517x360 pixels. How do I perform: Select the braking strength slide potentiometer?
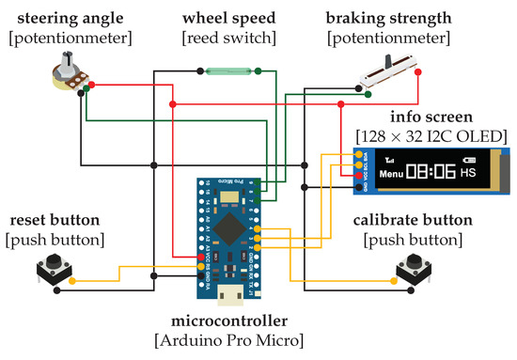(385, 71)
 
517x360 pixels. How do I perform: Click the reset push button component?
(51, 274)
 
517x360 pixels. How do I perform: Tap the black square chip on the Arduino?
(231, 227)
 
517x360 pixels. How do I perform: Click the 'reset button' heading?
(55, 221)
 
